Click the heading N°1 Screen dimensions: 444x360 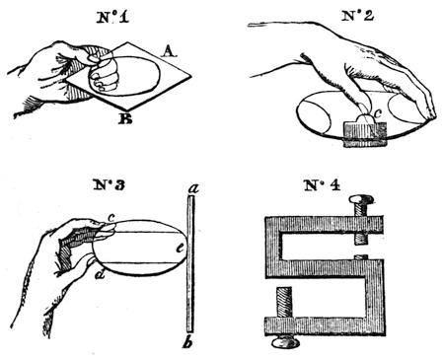[x=112, y=18]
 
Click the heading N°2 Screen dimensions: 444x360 [x=357, y=16]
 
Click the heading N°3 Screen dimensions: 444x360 [x=109, y=185]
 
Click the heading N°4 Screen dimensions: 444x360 [x=322, y=185]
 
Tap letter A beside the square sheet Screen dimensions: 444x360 [x=169, y=51]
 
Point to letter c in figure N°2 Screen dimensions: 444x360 [x=378, y=113]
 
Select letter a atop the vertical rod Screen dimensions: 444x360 [x=194, y=188]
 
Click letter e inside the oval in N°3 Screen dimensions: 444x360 [x=180, y=249]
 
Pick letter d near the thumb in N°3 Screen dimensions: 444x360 [x=100, y=273]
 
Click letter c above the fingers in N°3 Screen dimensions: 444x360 [x=111, y=217]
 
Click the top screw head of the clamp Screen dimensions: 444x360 [x=361, y=199]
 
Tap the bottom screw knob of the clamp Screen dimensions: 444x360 [x=285, y=343]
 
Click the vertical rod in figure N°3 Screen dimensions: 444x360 [x=190, y=264]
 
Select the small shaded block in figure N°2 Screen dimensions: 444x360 [x=364, y=134]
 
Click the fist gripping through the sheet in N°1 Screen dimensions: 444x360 [x=104, y=74]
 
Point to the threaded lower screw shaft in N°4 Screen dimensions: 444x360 [x=284, y=303]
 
